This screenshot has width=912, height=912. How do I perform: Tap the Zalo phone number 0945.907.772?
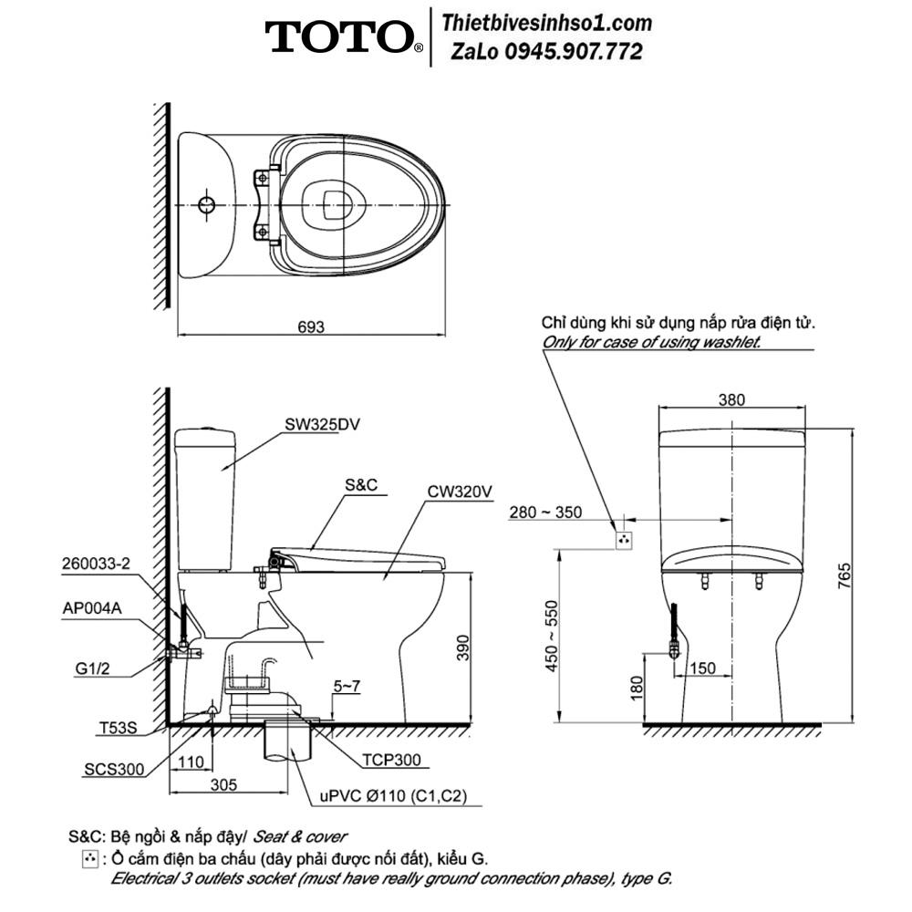click(x=574, y=52)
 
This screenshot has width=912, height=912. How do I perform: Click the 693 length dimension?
click(x=311, y=326)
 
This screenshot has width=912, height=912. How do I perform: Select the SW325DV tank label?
click(x=322, y=425)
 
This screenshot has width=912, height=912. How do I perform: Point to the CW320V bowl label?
click(x=460, y=492)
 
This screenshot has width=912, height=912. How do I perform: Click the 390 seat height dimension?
click(x=462, y=648)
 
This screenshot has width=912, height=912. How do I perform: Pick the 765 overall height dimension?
click(x=845, y=575)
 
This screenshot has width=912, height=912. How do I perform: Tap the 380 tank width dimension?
click(x=731, y=399)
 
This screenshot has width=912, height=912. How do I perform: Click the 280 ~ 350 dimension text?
click(x=545, y=513)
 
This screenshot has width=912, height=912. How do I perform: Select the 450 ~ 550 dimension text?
click(x=552, y=636)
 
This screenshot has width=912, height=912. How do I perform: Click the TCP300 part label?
click(x=391, y=760)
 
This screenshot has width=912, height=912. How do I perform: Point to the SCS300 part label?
click(x=114, y=770)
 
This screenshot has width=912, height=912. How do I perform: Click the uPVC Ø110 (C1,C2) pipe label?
click(x=394, y=795)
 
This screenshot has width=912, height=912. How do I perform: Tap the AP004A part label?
click(x=92, y=608)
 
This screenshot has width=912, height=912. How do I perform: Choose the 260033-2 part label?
click(x=97, y=564)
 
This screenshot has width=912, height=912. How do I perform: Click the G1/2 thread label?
click(x=92, y=668)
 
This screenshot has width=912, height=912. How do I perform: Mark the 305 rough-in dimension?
click(x=224, y=785)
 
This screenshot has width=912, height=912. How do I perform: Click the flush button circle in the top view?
click(x=206, y=204)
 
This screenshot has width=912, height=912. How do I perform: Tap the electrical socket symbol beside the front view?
click(x=624, y=540)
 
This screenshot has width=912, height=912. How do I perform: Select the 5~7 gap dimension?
click(x=347, y=687)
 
